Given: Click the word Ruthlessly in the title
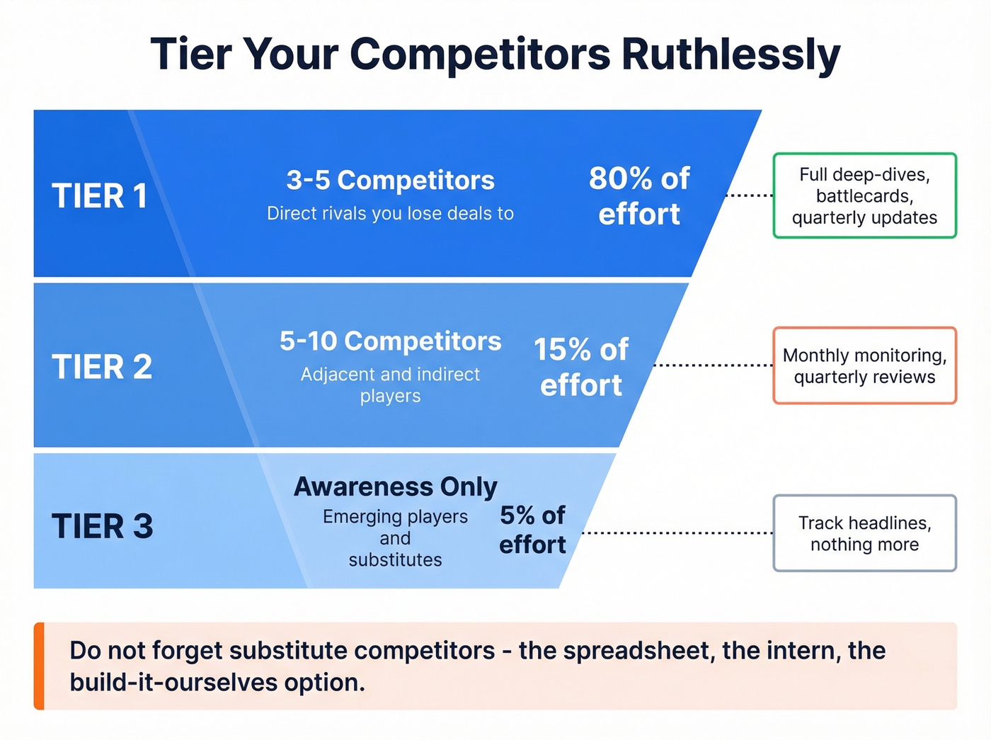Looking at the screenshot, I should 731,54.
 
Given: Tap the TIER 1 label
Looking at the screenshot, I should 100,196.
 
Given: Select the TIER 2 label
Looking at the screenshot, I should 102,367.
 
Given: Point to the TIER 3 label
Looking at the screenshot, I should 102,526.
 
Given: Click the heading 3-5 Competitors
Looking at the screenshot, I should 390,181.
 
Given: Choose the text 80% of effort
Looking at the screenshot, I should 639,196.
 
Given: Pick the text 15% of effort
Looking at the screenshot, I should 581,367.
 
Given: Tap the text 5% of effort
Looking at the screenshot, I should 532,530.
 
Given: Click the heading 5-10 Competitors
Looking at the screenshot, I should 390,341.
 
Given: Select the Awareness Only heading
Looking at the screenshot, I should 395,487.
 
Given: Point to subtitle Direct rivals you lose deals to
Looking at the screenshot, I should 390,214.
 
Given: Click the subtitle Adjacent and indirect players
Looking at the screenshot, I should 390,385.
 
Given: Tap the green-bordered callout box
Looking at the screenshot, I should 864,195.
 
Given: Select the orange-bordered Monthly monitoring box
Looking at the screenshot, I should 864,365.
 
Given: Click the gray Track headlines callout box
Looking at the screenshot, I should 864,533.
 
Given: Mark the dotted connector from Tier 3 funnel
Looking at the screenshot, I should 676,533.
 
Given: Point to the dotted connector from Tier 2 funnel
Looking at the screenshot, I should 711,365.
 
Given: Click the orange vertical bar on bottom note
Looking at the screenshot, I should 39,666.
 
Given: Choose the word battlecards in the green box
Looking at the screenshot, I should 864,196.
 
